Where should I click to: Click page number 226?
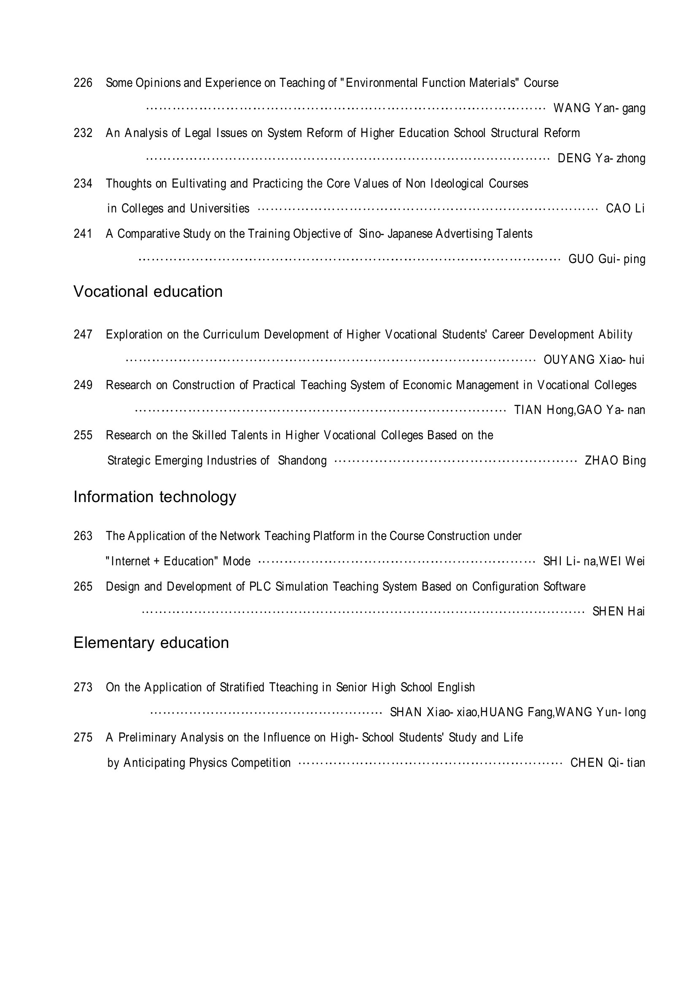(x=83, y=83)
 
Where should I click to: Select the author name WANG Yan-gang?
(x=599, y=108)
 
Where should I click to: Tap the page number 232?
(x=83, y=133)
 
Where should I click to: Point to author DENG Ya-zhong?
(x=601, y=159)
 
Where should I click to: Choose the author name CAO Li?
(x=625, y=209)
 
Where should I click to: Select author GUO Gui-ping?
(x=607, y=259)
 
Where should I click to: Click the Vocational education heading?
(x=148, y=292)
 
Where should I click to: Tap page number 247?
(x=83, y=335)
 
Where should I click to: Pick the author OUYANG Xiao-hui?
(x=594, y=360)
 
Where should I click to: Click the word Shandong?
(x=302, y=461)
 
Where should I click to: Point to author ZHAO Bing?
(x=615, y=461)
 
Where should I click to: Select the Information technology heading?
(x=155, y=497)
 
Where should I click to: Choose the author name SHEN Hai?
(x=619, y=612)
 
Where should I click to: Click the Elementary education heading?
(x=151, y=643)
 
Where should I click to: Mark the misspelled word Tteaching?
(x=293, y=688)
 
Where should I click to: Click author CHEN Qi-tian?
(x=608, y=763)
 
